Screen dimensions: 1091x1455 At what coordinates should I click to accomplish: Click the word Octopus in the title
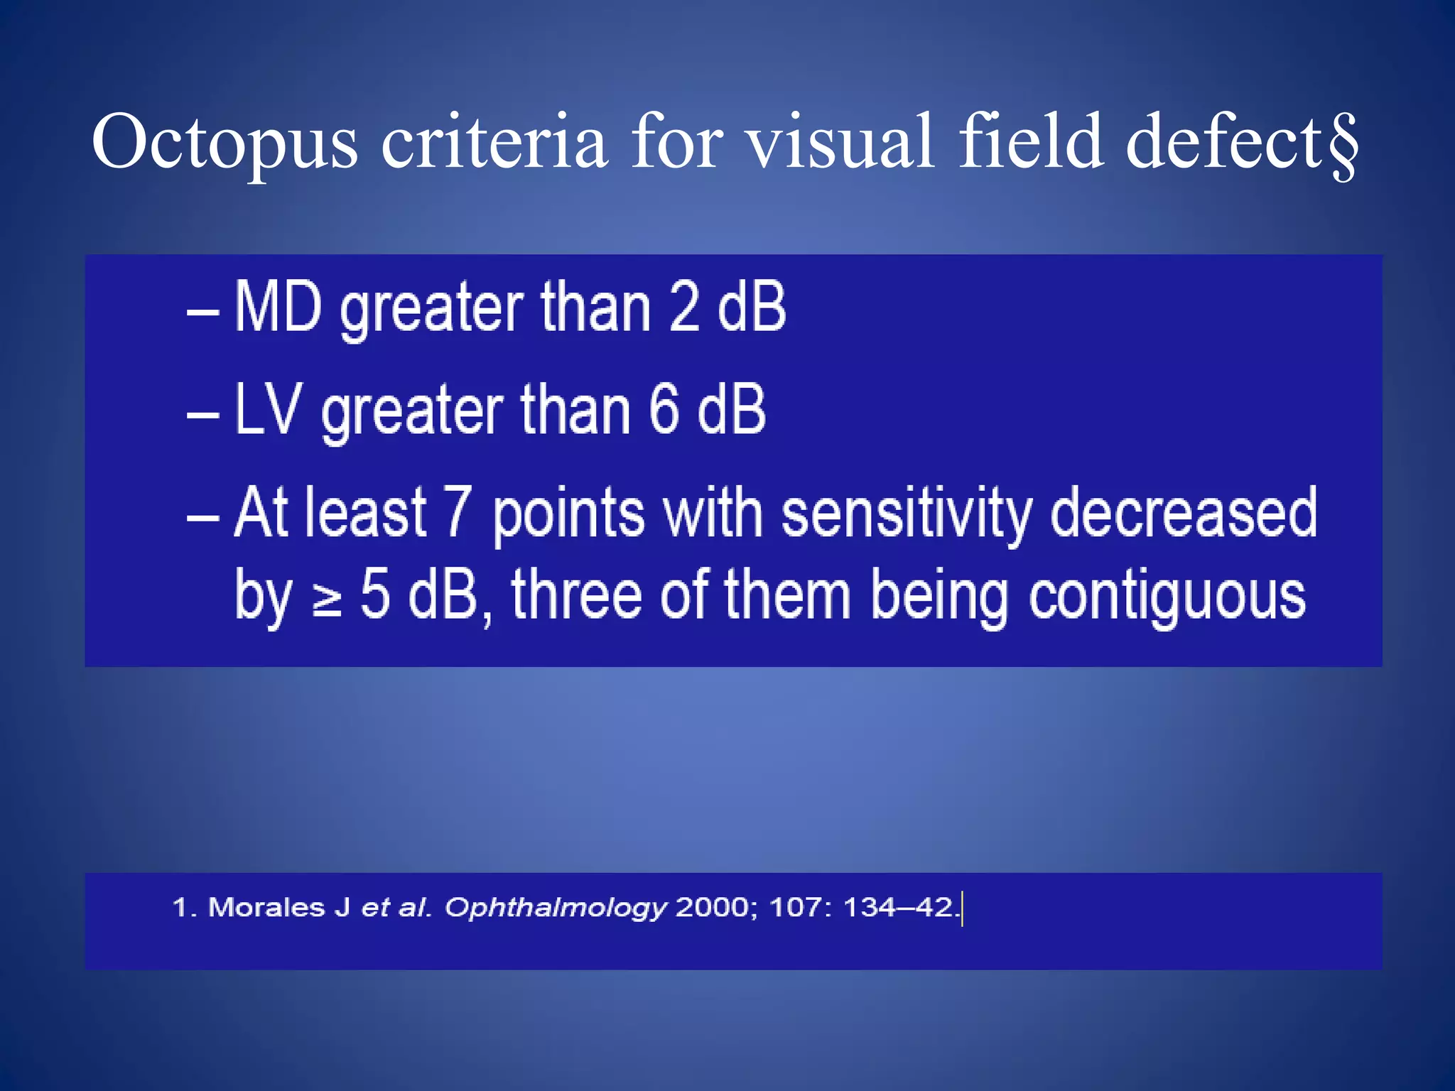[x=225, y=144]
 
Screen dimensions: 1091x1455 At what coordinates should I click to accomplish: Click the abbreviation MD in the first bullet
[x=278, y=307]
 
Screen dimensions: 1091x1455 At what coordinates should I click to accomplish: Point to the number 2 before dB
[x=684, y=307]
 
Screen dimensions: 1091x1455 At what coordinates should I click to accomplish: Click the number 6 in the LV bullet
[x=664, y=409]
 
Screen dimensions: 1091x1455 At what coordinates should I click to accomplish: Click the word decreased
[x=1184, y=513]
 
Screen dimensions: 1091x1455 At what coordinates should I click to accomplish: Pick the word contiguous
[x=1167, y=597]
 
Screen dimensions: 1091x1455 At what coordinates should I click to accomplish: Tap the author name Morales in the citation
[x=266, y=907]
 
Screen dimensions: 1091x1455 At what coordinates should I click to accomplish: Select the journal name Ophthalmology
[x=556, y=908]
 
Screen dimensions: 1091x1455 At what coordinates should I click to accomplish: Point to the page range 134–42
[x=898, y=907]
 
